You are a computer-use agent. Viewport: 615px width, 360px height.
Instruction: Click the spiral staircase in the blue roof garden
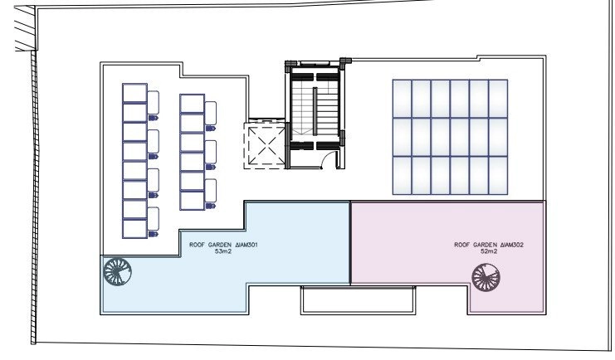(117, 271)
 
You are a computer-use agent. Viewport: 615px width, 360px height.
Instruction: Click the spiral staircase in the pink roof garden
(486, 277)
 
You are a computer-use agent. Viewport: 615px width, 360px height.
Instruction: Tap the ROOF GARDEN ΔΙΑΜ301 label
(223, 245)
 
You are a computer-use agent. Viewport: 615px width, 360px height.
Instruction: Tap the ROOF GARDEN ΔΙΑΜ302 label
(489, 245)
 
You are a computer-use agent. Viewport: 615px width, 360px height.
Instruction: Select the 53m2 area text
(223, 251)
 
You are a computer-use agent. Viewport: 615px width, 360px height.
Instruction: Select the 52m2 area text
(489, 251)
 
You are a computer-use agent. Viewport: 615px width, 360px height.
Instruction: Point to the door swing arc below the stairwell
(328, 158)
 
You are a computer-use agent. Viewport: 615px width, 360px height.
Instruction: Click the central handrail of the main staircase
(315, 111)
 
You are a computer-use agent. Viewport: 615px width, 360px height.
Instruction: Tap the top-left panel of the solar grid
(402, 99)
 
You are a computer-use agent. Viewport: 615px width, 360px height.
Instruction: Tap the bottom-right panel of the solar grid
(498, 175)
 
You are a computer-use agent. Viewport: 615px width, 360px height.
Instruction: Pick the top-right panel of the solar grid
(498, 99)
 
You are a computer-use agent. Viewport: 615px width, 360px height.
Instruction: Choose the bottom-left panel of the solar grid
(402, 175)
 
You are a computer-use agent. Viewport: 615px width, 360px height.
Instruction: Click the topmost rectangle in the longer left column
(135, 93)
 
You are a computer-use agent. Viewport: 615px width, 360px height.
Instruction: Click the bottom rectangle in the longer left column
(135, 229)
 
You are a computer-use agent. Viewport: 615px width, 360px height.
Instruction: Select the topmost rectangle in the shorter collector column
(193, 104)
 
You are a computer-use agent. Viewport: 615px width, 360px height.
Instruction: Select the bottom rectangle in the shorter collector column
(193, 201)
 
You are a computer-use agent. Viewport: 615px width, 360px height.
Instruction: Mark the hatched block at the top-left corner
(25, 28)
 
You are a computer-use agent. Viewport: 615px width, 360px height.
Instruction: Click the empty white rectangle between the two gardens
(358, 300)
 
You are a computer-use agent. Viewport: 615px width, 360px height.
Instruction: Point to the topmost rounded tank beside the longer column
(154, 102)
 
